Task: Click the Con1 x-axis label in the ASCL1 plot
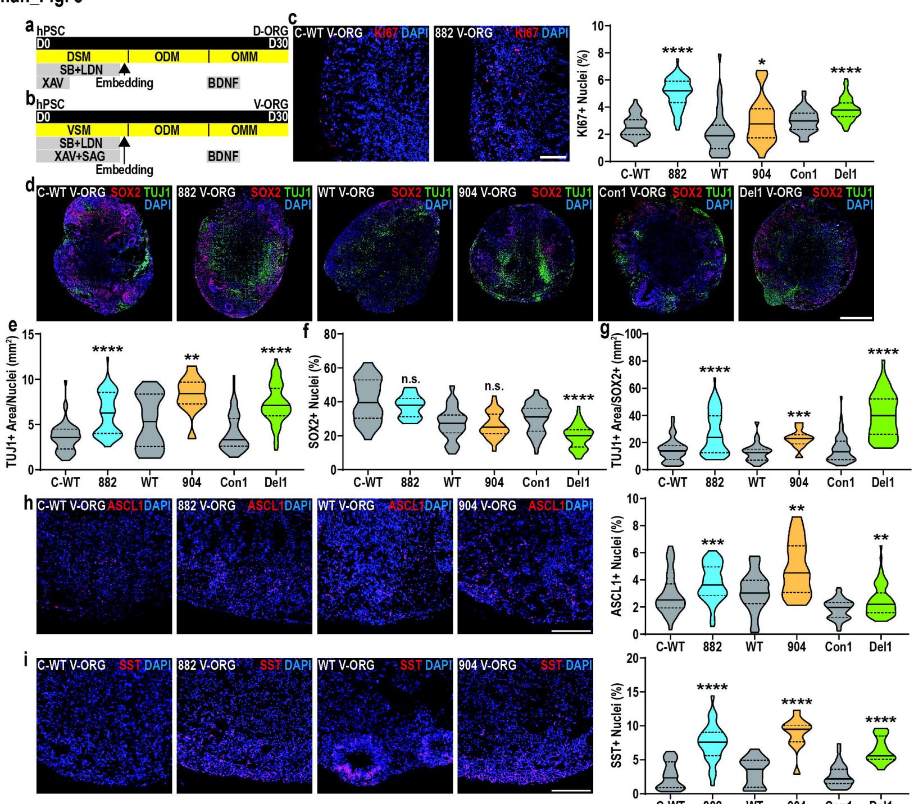pyautogui.click(x=838, y=647)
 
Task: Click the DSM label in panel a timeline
pyautogui.click(x=79, y=57)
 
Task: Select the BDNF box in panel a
pyautogui.click(x=224, y=83)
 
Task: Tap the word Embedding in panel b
pyautogui.click(x=124, y=169)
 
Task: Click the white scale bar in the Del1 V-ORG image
pyautogui.click(x=856, y=317)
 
